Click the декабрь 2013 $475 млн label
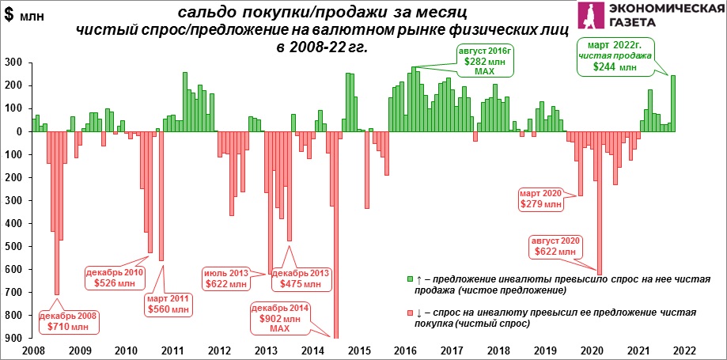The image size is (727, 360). click(300, 278)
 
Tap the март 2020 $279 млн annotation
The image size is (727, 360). click(542, 199)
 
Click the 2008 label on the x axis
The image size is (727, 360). click(34, 351)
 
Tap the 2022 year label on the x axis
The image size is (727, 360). click(684, 351)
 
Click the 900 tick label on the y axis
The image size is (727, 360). click(13, 339)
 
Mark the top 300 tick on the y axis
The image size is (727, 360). click(13, 63)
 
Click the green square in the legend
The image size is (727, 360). click(409, 279)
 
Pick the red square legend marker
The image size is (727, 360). click(409, 313)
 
